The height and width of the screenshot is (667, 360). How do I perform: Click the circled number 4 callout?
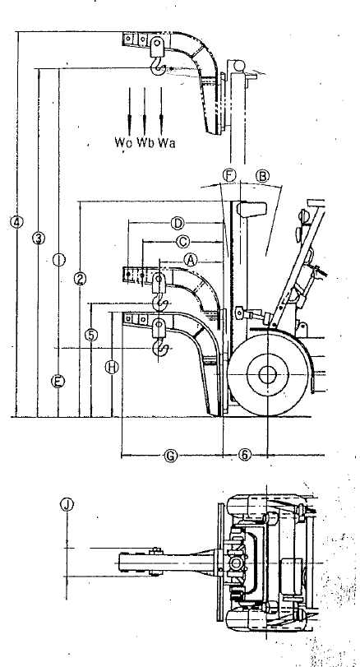click(16, 221)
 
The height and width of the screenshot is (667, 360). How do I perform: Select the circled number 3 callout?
click(39, 239)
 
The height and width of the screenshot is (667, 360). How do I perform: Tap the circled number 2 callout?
click(80, 279)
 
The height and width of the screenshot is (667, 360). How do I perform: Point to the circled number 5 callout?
click(91, 336)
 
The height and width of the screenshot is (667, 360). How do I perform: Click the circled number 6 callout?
click(244, 455)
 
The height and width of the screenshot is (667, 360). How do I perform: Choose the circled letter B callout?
click(263, 175)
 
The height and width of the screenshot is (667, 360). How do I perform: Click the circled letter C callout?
click(182, 242)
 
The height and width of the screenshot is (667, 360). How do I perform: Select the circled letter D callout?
click(178, 223)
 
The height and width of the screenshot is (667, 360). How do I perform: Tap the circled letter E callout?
click(58, 381)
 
